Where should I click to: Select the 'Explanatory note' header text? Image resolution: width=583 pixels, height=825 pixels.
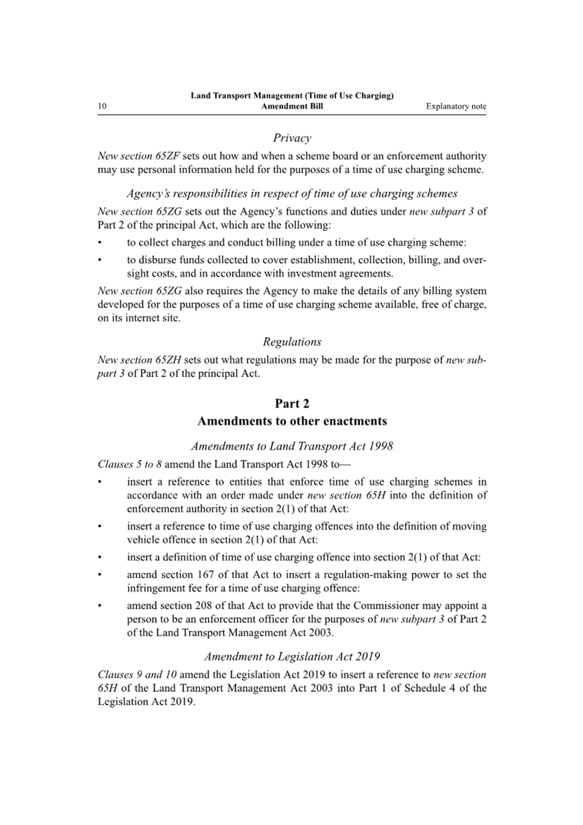(x=456, y=106)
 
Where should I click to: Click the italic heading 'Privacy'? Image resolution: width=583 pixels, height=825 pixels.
(x=291, y=138)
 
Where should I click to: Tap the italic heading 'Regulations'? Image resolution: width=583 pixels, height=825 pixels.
(x=291, y=342)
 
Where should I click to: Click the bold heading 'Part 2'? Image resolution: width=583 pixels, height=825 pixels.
(x=291, y=404)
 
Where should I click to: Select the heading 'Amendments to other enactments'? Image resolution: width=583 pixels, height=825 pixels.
(x=291, y=421)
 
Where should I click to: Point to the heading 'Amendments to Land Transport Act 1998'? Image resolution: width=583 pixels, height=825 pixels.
(x=291, y=446)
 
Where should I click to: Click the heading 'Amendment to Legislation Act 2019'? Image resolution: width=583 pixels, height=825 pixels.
(x=291, y=657)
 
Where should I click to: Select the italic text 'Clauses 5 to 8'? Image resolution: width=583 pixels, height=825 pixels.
(x=130, y=465)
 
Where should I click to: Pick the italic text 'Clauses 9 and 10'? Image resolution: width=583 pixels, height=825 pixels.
(x=137, y=675)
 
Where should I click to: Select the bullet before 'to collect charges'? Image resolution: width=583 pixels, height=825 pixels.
(x=100, y=243)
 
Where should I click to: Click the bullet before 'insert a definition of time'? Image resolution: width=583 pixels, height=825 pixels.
(x=100, y=557)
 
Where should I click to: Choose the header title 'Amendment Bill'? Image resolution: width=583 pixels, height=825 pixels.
(x=291, y=106)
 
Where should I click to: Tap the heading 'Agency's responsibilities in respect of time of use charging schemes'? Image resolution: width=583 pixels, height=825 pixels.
(x=291, y=193)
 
